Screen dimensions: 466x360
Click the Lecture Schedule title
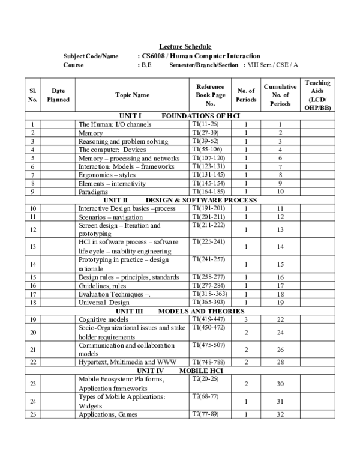pyautogui.click(x=185, y=47)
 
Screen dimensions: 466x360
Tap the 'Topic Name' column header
pyautogui.click(x=132, y=95)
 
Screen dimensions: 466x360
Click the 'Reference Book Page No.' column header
pyautogui.click(x=210, y=95)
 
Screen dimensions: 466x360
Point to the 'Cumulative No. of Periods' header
pyautogui.click(x=280, y=95)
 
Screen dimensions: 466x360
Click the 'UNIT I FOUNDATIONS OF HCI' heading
pyautogui.click(x=180, y=115)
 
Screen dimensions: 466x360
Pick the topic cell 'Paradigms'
pyautogui.click(x=94, y=192)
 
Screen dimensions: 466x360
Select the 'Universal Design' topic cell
pyautogui.click(x=104, y=303)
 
